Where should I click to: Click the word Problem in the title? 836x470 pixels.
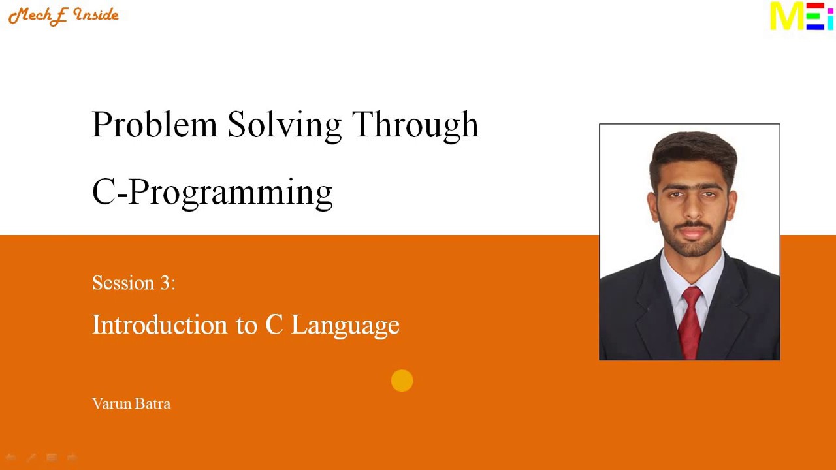154,124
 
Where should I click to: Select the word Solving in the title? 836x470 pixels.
284,125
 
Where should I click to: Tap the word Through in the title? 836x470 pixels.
415,125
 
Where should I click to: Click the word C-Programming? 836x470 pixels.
212,193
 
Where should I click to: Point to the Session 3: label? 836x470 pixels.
133,283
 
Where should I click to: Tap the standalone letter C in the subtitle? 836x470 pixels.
274,324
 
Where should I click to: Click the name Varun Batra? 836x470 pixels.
131,403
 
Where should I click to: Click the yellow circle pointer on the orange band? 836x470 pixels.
402,381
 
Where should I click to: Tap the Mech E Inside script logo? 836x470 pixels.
63,15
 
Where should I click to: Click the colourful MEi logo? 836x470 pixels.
801,16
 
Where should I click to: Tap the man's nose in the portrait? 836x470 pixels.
693,209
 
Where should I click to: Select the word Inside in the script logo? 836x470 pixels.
96,15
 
